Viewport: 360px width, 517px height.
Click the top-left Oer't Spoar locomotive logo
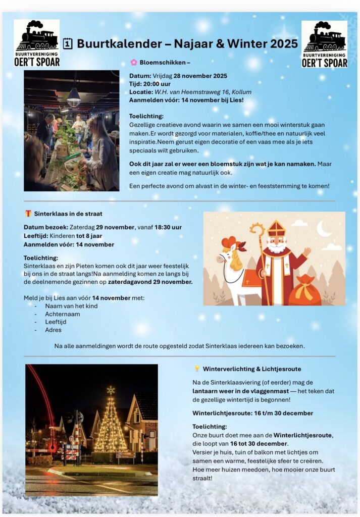pyautogui.click(x=36, y=43)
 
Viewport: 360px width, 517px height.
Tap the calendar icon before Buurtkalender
pyautogui.click(x=68, y=44)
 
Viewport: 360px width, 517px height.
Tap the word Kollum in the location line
pyautogui.click(x=241, y=92)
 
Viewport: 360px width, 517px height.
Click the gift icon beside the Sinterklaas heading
pyautogui.click(x=28, y=213)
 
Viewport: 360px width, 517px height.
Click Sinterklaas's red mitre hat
pyautogui.click(x=276, y=228)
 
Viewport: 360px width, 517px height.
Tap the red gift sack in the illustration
pyautogui.click(x=304, y=291)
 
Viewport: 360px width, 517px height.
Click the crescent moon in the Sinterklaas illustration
pyautogui.click(x=324, y=228)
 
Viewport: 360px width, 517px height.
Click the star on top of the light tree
pyautogui.click(x=110, y=390)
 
